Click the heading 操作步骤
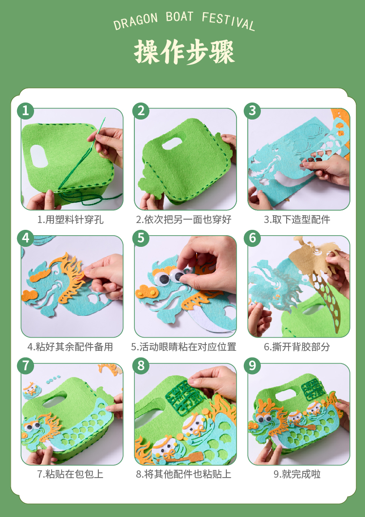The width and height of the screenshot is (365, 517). pyautogui.click(x=184, y=52)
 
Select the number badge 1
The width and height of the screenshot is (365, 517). pyautogui.click(x=25, y=111)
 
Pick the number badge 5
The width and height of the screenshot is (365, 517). pyautogui.click(x=141, y=238)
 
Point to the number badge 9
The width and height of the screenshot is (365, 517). pyautogui.click(x=253, y=365)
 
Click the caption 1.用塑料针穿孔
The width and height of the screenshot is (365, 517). pyautogui.click(x=71, y=220)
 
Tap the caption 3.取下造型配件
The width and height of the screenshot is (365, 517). pyautogui.click(x=297, y=220)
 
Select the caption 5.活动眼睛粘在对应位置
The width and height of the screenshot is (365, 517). pyautogui.click(x=183, y=347)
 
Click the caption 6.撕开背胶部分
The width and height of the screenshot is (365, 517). pyautogui.click(x=297, y=347)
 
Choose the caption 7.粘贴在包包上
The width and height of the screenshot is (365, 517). pyautogui.click(x=71, y=474)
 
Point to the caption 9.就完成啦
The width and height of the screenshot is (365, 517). pyautogui.click(x=297, y=474)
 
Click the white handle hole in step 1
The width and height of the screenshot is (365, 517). pyautogui.click(x=39, y=155)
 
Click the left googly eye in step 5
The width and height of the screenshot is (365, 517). pyautogui.click(x=163, y=279)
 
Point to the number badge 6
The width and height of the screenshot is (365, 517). pyautogui.click(x=253, y=238)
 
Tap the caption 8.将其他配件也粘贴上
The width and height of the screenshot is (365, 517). pyautogui.click(x=183, y=474)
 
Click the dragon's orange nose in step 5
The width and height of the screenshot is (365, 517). pyautogui.click(x=145, y=292)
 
